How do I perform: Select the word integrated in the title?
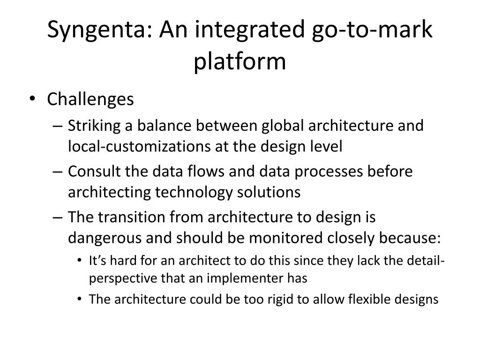click(249, 30)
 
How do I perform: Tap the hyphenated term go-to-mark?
click(372, 30)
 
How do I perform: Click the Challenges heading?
click(90, 99)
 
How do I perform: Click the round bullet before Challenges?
click(32, 99)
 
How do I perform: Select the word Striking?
click(94, 126)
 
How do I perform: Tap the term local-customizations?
click(139, 146)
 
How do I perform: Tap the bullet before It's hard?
click(80, 261)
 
